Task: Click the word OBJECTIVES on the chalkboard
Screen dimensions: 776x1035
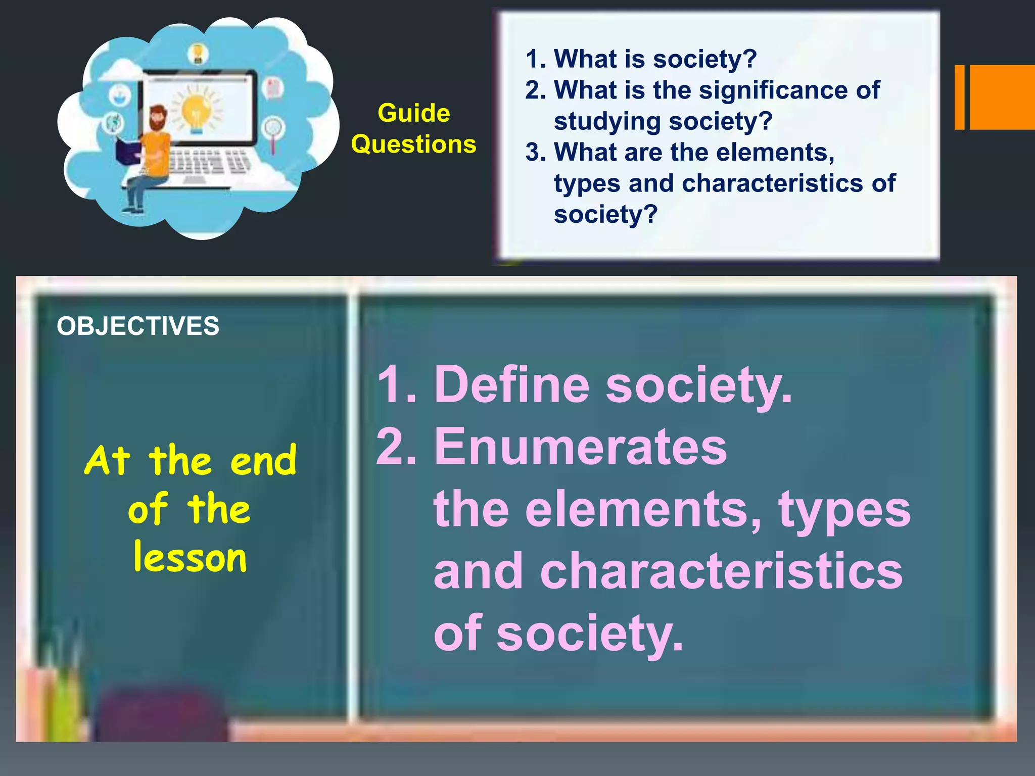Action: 138,326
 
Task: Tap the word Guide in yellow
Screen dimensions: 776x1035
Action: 413,113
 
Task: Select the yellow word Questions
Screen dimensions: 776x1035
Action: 413,144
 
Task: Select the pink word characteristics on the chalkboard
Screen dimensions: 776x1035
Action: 721,571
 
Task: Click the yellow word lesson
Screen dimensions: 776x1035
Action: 190,558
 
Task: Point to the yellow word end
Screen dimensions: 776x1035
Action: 263,461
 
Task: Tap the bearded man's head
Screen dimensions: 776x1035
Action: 158,117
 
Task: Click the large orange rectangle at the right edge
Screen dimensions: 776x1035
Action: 1002,97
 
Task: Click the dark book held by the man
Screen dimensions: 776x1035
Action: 127,152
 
